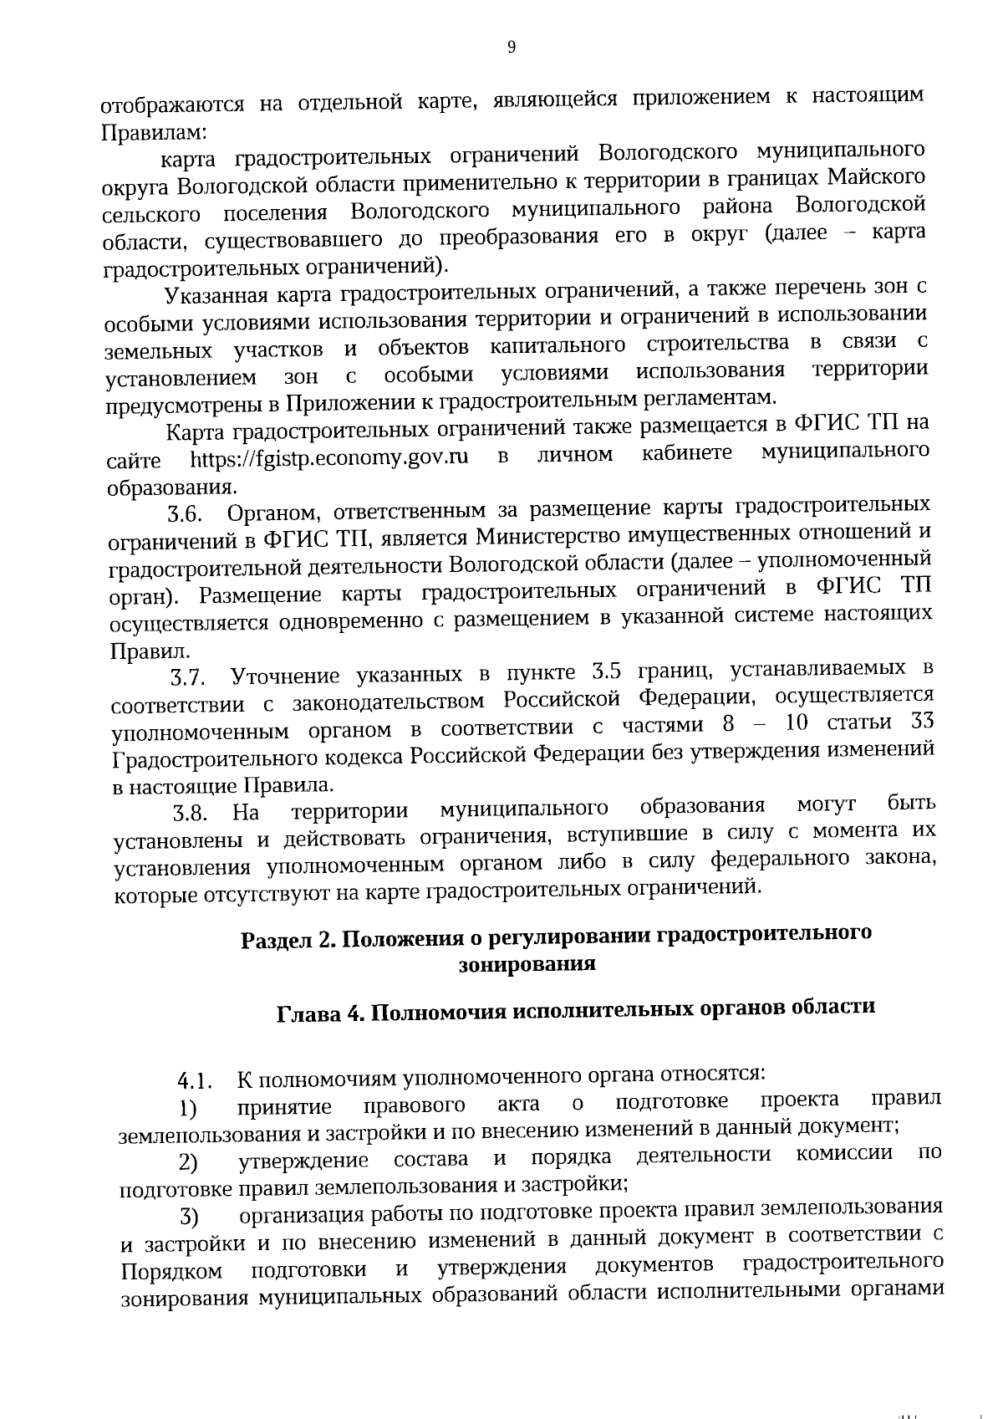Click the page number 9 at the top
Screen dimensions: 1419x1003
512,48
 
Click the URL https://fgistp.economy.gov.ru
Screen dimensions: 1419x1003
329,457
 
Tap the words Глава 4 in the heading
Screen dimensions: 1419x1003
320,1012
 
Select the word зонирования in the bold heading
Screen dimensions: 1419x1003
527,964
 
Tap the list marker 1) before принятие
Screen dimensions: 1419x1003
188,1110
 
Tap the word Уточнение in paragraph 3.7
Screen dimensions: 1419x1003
284,676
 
